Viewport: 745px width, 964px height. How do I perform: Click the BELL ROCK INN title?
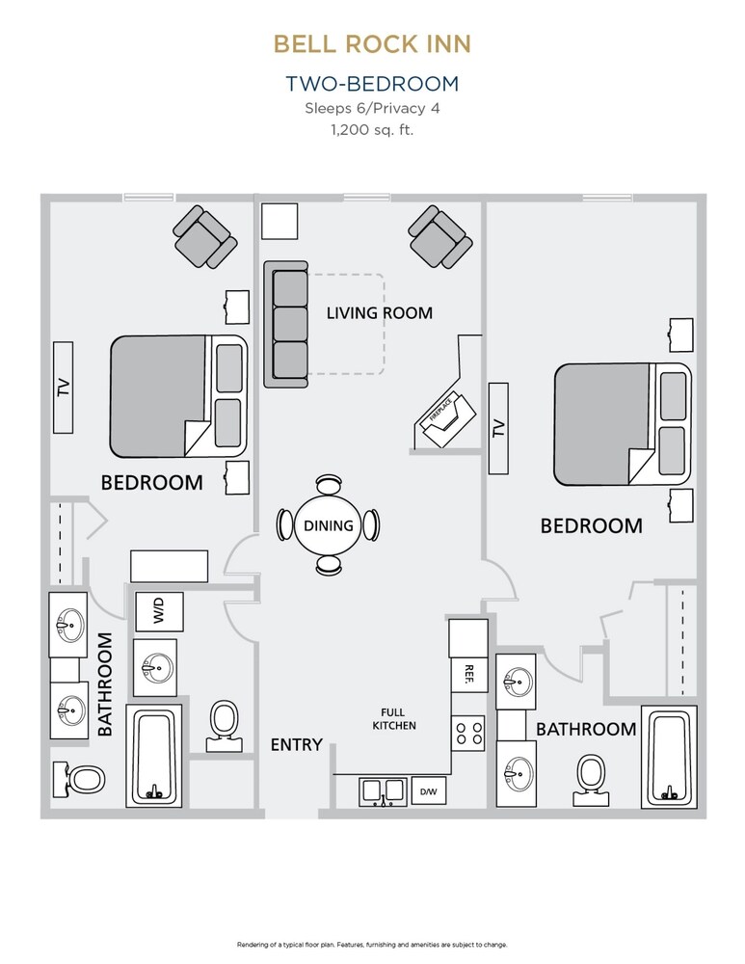[371, 43]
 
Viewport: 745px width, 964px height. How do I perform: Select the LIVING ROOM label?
[379, 312]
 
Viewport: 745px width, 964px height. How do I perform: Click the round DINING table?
[329, 525]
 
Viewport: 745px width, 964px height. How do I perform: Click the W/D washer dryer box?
[154, 610]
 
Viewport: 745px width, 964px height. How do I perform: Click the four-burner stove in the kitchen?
[468, 733]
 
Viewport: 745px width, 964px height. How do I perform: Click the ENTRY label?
[296, 744]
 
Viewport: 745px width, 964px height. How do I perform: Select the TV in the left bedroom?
[65, 388]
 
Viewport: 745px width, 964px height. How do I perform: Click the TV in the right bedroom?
[498, 427]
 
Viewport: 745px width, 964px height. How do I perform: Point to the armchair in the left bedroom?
[204, 237]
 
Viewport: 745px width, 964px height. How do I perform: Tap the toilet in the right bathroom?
[589, 779]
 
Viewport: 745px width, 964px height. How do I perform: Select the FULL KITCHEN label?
[397, 718]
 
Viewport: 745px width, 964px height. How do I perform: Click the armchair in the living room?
[439, 237]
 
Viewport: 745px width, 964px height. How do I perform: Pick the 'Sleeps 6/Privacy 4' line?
[371, 107]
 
